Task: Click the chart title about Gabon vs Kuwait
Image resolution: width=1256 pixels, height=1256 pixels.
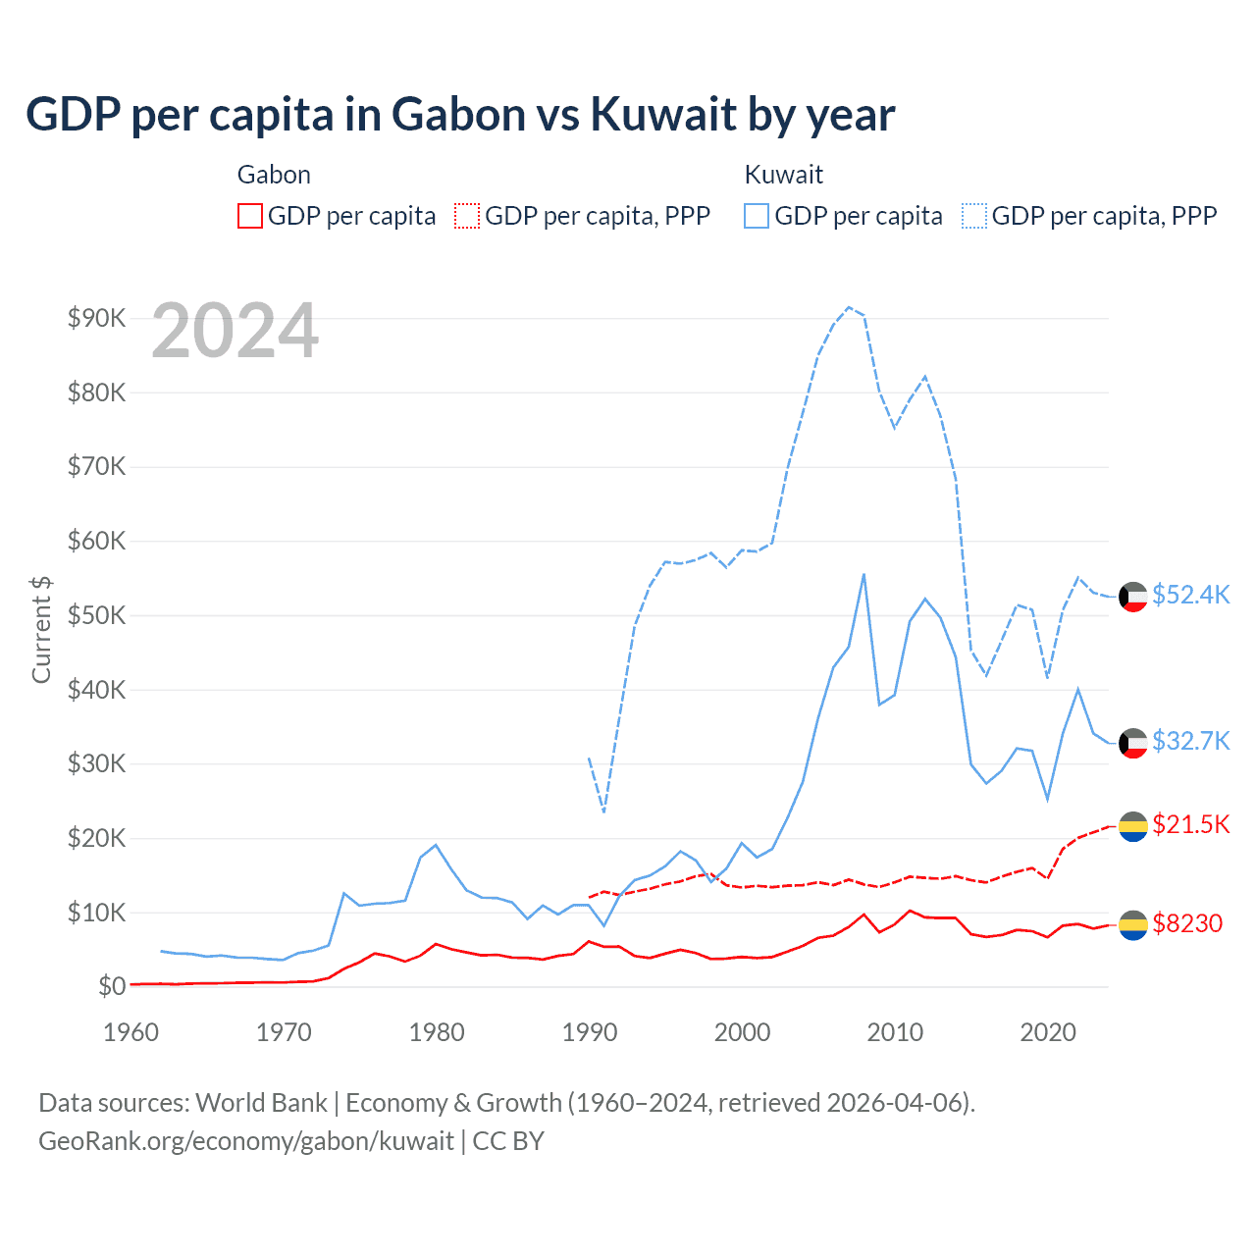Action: (x=459, y=115)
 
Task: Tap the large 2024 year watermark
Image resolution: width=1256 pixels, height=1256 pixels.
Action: (x=235, y=331)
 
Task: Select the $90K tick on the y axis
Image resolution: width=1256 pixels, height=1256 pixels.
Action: (x=96, y=318)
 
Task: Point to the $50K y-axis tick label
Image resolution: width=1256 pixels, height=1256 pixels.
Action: (x=96, y=615)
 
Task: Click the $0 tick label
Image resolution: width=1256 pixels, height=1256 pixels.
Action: (x=111, y=986)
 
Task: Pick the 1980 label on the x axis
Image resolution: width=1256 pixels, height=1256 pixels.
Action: (x=437, y=1032)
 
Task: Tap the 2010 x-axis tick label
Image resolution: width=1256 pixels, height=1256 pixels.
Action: (x=895, y=1032)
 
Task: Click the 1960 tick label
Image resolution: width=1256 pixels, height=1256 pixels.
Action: (x=131, y=1032)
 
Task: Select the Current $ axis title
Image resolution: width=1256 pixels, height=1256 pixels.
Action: (x=41, y=629)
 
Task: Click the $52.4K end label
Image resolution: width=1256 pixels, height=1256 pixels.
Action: (x=1190, y=596)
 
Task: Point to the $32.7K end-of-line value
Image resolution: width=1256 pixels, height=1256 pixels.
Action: (x=1190, y=741)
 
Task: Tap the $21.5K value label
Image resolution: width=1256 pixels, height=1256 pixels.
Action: (x=1190, y=824)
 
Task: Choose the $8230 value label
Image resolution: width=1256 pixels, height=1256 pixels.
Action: (x=1187, y=923)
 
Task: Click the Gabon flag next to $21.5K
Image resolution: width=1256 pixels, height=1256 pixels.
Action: (x=1133, y=827)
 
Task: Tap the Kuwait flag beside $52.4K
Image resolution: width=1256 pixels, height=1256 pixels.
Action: (x=1133, y=597)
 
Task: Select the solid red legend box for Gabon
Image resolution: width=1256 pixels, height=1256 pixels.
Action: (x=250, y=216)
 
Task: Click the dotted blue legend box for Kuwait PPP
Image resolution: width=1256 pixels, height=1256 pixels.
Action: (x=973, y=216)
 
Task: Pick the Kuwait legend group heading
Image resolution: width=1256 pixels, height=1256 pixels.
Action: (x=783, y=175)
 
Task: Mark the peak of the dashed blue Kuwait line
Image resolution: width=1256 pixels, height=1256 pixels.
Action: (x=849, y=307)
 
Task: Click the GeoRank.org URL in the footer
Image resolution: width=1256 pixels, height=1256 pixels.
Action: (x=245, y=1141)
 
